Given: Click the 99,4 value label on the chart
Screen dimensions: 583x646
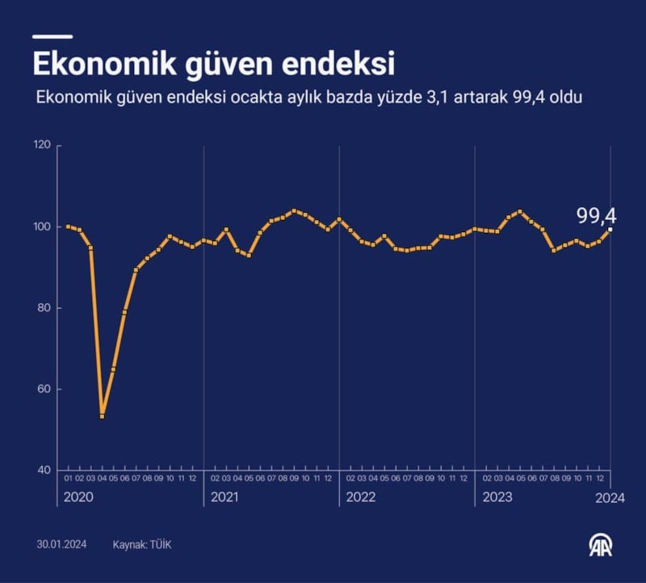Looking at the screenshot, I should [x=596, y=215].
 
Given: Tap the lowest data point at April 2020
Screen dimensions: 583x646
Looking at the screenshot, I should [x=102, y=416].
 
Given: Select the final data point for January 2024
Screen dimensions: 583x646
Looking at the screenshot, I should [x=610, y=230].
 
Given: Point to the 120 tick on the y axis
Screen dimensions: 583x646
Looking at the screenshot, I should [x=42, y=146].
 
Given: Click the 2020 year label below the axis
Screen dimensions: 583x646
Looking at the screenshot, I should [x=79, y=498].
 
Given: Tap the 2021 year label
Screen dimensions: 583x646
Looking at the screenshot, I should [x=224, y=498].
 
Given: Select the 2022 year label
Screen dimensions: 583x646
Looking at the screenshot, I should [x=360, y=498].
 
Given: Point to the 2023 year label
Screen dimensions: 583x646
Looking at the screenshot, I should [x=496, y=498].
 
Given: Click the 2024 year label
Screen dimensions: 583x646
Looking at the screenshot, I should [x=611, y=498].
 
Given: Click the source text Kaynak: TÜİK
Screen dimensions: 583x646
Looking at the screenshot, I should [x=142, y=545].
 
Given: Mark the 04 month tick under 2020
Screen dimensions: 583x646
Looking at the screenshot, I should [x=102, y=479].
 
